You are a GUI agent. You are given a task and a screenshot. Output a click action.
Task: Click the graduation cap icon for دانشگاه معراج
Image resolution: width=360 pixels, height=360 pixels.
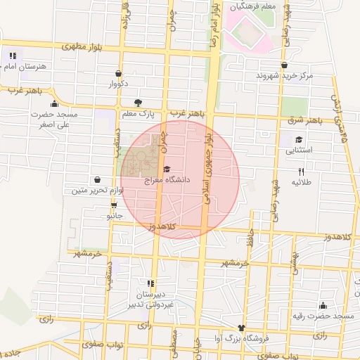[167, 169]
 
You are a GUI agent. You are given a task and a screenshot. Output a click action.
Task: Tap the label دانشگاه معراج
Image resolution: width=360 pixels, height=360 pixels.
[167, 180]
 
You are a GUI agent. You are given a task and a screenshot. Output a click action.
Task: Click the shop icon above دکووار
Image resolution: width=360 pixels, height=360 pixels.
[117, 72]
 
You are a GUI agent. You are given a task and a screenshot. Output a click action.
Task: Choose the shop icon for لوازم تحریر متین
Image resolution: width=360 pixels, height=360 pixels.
[96, 179]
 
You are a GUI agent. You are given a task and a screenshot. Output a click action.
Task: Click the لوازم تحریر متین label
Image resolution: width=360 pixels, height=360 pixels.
[98, 191]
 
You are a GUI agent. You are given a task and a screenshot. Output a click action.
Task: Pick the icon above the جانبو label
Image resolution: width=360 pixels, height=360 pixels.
[114, 205]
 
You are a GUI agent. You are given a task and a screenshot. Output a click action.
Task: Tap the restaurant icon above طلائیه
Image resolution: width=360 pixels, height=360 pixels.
[302, 171]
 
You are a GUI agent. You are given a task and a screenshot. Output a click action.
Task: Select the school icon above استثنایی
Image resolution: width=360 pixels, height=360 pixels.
[299, 139]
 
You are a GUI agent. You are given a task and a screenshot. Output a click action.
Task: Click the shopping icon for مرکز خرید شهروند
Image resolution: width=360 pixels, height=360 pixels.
[283, 64]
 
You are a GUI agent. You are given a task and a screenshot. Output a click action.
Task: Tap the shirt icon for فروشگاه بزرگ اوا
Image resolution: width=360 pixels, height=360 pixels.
[243, 328]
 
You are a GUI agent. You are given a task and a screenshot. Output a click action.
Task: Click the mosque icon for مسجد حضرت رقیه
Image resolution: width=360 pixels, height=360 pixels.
[322, 305]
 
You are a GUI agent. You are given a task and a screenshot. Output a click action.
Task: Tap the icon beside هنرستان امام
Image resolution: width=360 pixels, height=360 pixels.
[12, 55]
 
